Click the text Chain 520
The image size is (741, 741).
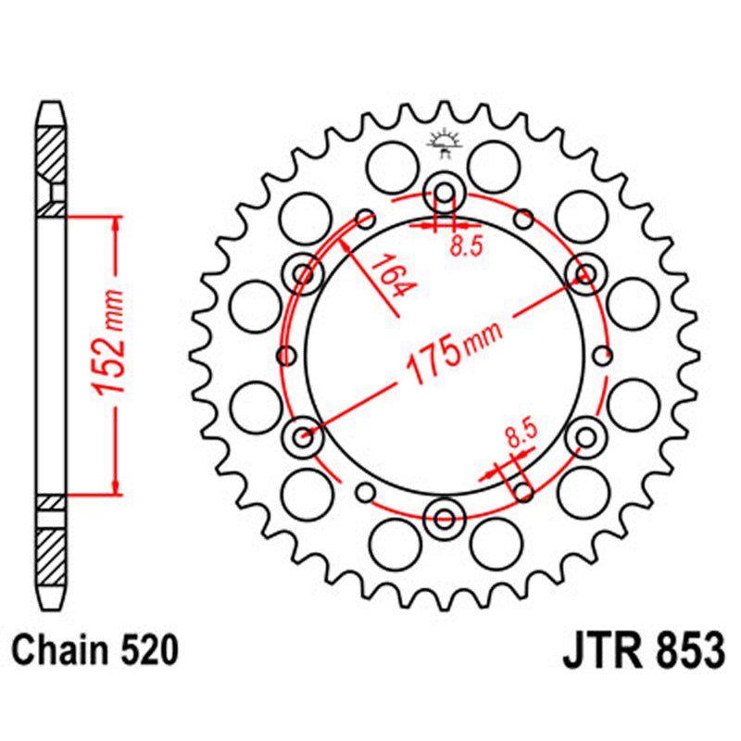tap(94, 651)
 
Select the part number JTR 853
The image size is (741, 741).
tap(642, 651)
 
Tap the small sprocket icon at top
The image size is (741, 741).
tap(445, 144)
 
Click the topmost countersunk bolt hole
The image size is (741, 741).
tap(445, 194)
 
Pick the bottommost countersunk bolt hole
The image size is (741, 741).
tap(445, 517)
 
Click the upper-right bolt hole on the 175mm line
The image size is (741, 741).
tap(584, 274)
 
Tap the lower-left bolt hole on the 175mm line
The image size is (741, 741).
tap(304, 435)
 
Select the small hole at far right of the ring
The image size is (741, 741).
tap(605, 355)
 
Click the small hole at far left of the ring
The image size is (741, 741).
tap(285, 355)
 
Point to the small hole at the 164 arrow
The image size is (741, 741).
tap(366, 220)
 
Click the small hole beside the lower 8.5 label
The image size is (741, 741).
tap(524, 490)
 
